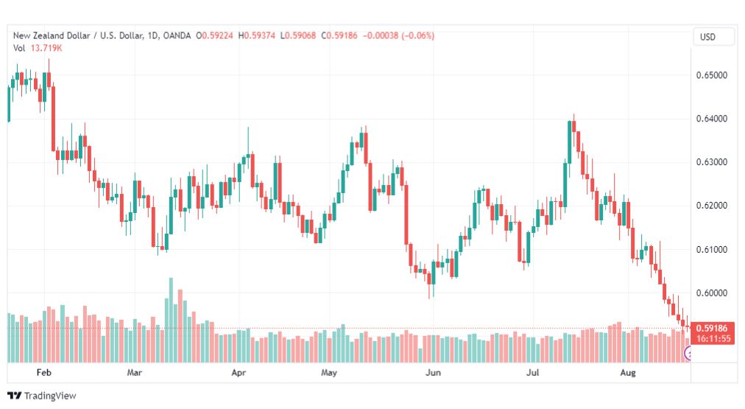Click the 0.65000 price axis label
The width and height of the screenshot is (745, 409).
click(x=711, y=75)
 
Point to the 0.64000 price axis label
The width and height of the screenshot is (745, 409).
click(x=711, y=119)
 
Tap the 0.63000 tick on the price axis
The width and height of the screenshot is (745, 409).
click(x=711, y=162)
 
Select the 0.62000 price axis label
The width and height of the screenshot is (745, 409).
click(x=711, y=206)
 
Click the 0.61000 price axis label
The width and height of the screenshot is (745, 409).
click(x=711, y=249)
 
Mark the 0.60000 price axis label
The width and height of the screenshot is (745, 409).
click(x=711, y=293)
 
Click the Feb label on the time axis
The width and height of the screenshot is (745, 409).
click(x=43, y=372)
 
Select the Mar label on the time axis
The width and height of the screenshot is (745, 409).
click(x=135, y=372)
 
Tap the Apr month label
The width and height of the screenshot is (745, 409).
click(x=239, y=372)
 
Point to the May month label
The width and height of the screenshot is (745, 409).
click(x=329, y=372)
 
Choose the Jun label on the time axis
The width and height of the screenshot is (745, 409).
click(x=433, y=372)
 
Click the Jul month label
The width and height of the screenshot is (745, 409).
click(x=533, y=372)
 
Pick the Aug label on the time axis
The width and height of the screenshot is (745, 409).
click(x=628, y=372)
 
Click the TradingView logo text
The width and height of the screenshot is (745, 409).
click(x=50, y=396)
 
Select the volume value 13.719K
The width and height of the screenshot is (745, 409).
click(x=46, y=48)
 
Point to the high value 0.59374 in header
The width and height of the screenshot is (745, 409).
click(x=259, y=35)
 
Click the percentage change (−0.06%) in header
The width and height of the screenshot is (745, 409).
click(x=418, y=35)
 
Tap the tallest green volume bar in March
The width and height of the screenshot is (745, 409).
click(x=171, y=320)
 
